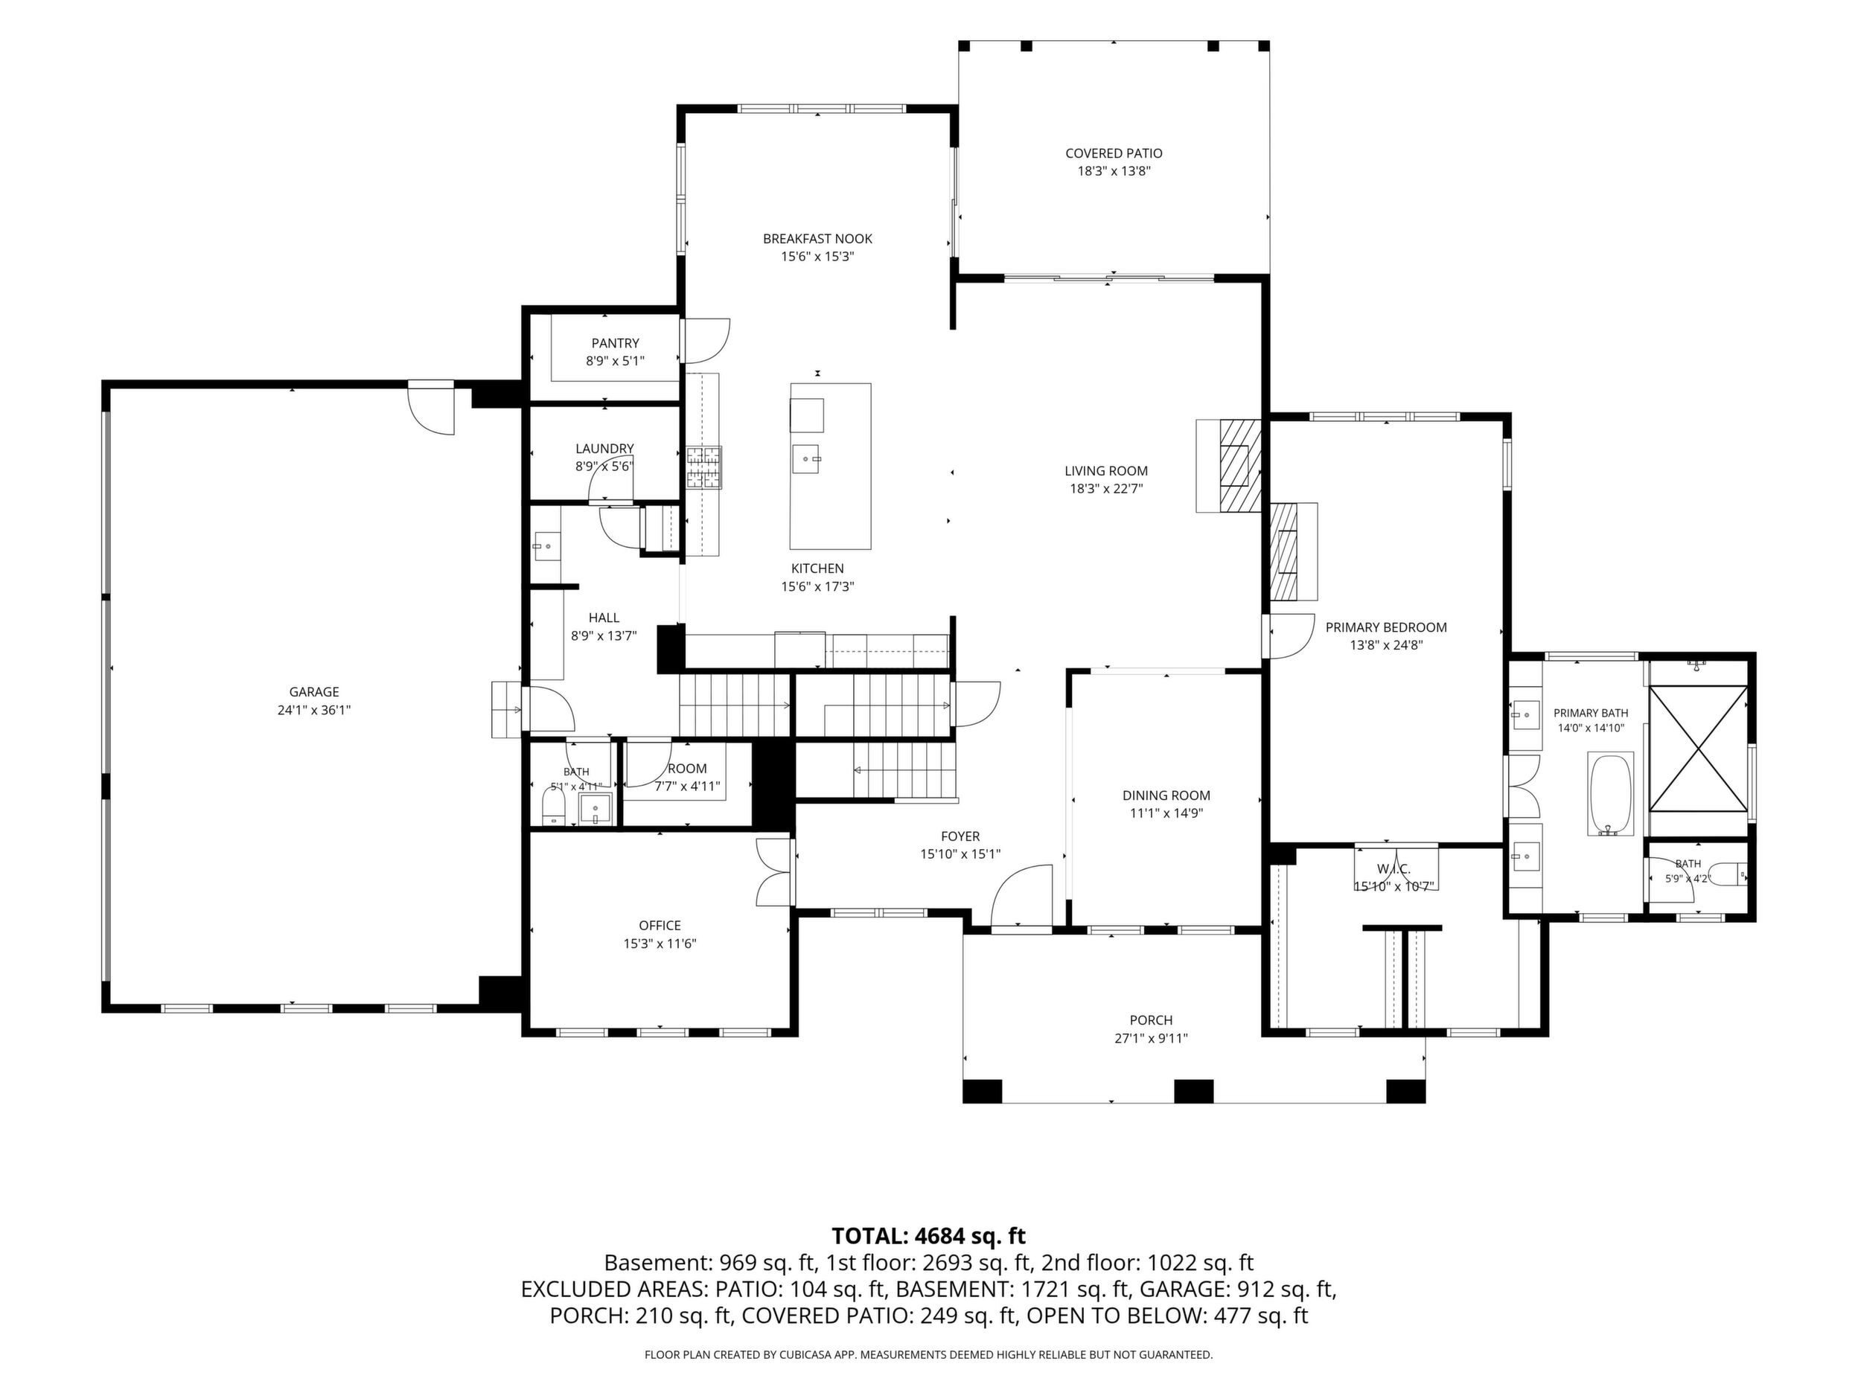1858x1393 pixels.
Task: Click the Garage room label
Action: click(314, 692)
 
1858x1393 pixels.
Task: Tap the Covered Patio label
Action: click(1114, 153)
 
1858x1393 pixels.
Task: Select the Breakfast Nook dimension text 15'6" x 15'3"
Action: click(817, 256)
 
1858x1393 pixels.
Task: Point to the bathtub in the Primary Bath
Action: click(1610, 793)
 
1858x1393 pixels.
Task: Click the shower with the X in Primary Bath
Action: click(1697, 748)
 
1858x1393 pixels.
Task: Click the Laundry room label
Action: click(604, 449)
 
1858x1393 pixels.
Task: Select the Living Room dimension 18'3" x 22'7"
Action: click(1106, 489)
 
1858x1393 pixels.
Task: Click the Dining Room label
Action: click(1166, 795)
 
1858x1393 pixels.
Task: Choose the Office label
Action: click(660, 925)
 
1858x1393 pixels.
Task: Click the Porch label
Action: click(1151, 1020)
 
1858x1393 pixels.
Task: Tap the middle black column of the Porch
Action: click(1193, 1091)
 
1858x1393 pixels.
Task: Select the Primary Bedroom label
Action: click(1386, 627)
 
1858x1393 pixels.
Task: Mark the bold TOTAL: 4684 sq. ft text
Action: click(928, 1236)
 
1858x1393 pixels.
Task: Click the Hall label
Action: click(604, 618)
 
